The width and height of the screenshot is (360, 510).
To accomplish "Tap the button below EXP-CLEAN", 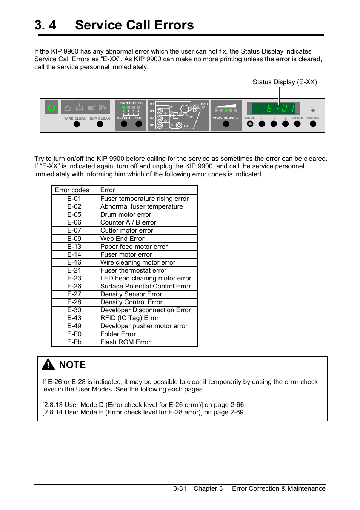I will pyautogui.click(x=100, y=124).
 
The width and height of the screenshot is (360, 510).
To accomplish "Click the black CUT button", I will pyautogui.click(x=138, y=124).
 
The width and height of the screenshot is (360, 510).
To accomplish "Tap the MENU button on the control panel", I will pyautogui.click(x=250, y=124).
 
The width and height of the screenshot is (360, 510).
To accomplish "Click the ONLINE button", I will pyautogui.click(x=313, y=124).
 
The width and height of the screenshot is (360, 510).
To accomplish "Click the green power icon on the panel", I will pyautogui.click(x=52, y=108).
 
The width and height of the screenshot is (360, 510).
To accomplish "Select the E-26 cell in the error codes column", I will pyautogui.click(x=74, y=286).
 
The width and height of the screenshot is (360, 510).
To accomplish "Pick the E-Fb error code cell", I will pyautogui.click(x=74, y=342).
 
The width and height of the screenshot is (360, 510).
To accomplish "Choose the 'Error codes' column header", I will pyautogui.click(x=72, y=190).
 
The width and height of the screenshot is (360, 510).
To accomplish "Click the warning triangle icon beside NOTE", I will pyautogui.click(x=48, y=364).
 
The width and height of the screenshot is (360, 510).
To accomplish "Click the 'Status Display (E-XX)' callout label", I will pyautogui.click(x=285, y=82).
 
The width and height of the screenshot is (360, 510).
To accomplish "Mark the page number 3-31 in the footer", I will pyautogui.click(x=180, y=488).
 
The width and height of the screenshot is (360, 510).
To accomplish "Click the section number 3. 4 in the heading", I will pyautogui.click(x=46, y=25).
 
